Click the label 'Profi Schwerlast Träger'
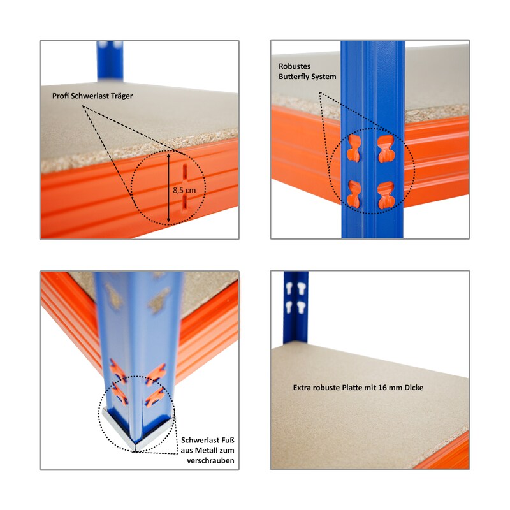tap(92, 96)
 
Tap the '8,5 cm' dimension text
tap(184, 190)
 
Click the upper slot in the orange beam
tap(185, 174)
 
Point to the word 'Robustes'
tap(295, 66)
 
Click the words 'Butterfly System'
tap(307, 76)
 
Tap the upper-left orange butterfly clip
tap(353, 149)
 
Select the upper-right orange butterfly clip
tap(386, 149)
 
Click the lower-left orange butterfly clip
tap(354, 194)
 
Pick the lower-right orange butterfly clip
tap(386, 195)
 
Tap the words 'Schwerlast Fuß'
tap(208, 441)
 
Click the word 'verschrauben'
tap(210, 461)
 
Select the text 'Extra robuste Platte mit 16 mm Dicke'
tap(358, 388)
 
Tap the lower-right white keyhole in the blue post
tap(301, 307)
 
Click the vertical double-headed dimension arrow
tap(168, 188)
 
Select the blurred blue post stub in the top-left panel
tap(110, 61)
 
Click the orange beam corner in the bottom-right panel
tap(446, 452)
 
